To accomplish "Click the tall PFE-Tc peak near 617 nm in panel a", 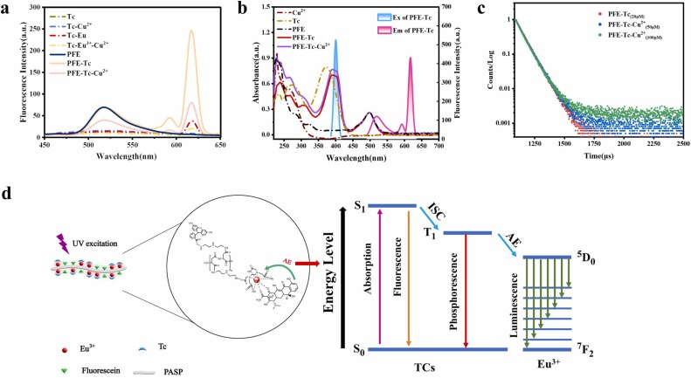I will (191, 32).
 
